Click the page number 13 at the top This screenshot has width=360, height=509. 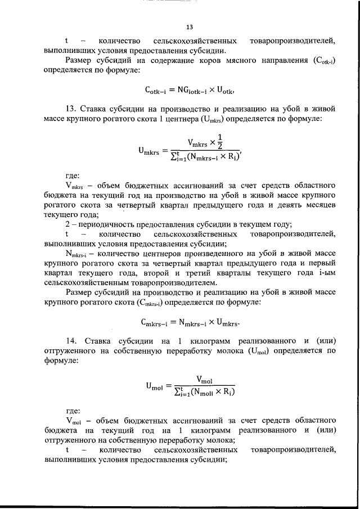click(x=190, y=27)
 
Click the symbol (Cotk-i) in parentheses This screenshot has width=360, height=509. click(x=323, y=61)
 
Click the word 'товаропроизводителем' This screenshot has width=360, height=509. click(x=175, y=282)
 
